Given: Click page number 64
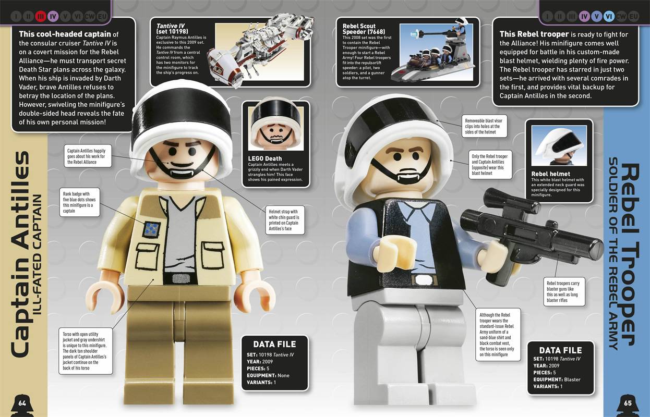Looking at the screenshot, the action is (x=22, y=403).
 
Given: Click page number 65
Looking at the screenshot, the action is (x=628, y=403).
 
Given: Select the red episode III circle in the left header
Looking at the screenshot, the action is (x=40, y=17).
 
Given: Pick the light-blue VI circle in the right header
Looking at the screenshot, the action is (x=609, y=17).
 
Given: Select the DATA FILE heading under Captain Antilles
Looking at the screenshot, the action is (x=274, y=344).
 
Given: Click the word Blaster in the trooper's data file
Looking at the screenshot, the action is (x=572, y=379).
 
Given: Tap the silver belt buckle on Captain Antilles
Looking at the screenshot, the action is (x=180, y=279).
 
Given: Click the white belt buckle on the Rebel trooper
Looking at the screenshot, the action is (x=424, y=279).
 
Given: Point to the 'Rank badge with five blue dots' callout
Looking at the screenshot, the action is (x=80, y=202).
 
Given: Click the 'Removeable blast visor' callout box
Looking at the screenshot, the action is (x=484, y=126).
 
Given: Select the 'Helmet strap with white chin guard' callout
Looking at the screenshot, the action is (x=285, y=220).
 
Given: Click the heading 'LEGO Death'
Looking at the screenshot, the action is (x=264, y=158).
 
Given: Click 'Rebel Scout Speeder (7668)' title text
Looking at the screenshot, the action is (x=364, y=29).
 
